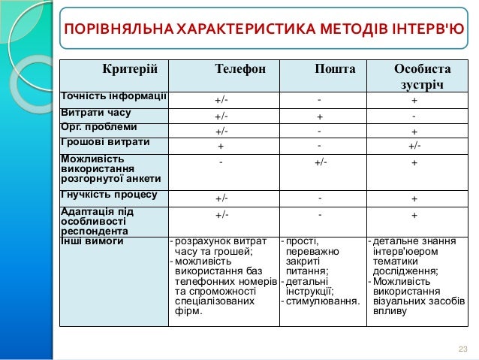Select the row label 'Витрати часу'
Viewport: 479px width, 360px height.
[x=95, y=113]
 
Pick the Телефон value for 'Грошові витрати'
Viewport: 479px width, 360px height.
[x=221, y=146]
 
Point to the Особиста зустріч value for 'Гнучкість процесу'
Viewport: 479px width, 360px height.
[x=414, y=199]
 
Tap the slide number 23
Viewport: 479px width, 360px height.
[x=462, y=347]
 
